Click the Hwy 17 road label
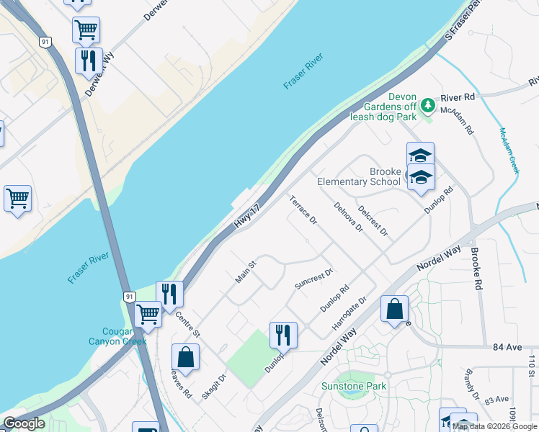coord(246,217)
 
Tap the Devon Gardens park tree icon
coord(428,107)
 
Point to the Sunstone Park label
coord(354,386)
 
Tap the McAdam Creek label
coord(509,152)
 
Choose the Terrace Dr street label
coord(303,209)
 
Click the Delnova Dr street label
coord(349,217)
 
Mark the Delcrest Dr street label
coord(373,222)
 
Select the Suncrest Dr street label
coord(313,279)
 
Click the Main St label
coord(246,272)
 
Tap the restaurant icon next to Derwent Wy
coord(89,60)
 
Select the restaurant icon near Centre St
coord(169,293)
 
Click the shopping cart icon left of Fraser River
coord(17,198)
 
